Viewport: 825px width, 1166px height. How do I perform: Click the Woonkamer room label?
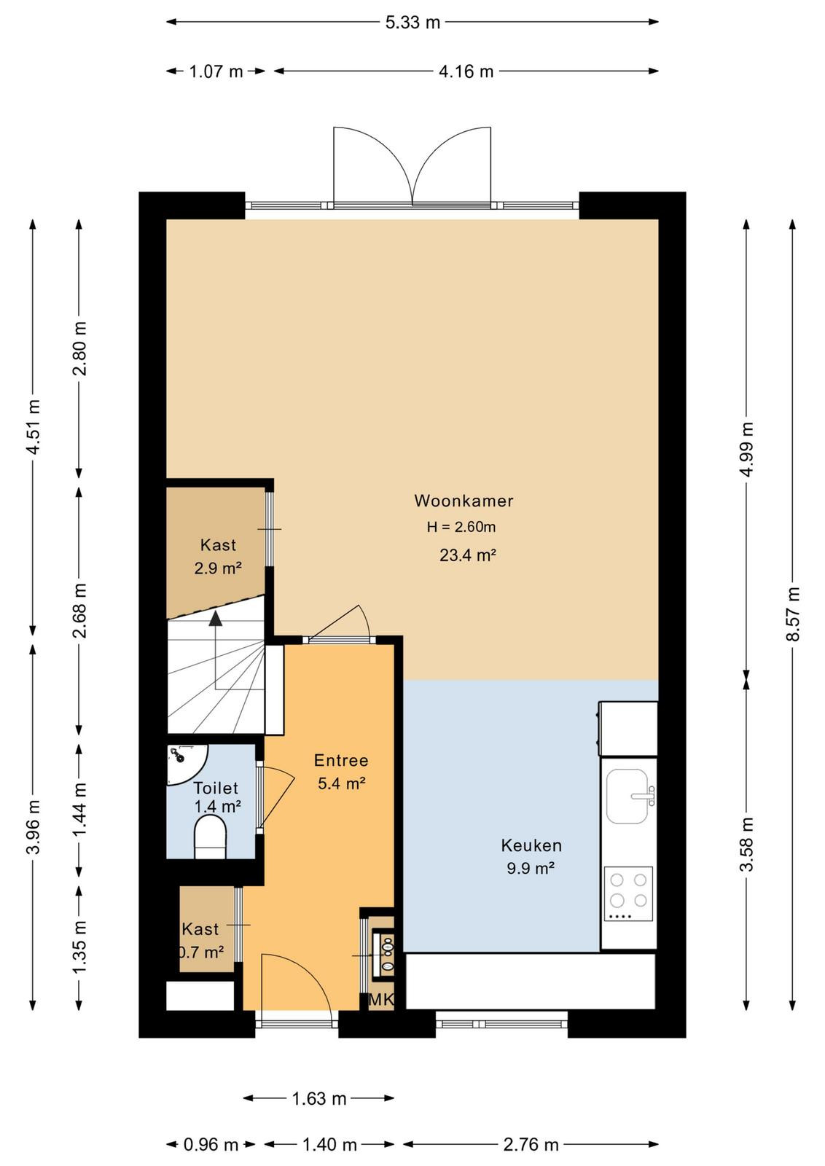click(x=464, y=501)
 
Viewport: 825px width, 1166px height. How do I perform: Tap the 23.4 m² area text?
click(x=467, y=555)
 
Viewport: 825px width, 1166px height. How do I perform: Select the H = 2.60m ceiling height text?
click(x=461, y=528)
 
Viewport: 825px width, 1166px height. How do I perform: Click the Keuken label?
click(x=531, y=845)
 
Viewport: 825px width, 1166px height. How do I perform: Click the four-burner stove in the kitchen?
click(x=628, y=893)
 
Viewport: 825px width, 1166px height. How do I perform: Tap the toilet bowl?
click(x=210, y=837)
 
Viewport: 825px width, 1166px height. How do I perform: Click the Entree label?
click(x=341, y=761)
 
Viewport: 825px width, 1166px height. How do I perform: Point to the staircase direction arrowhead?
click(x=216, y=618)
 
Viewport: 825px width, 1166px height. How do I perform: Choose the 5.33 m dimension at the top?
click(x=412, y=23)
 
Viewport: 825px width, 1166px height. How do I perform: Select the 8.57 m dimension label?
click(x=793, y=614)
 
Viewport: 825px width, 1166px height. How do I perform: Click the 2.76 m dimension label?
click(x=531, y=1145)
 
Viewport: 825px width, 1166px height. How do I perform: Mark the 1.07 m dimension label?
click(x=216, y=71)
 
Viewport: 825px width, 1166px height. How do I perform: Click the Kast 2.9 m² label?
click(x=218, y=557)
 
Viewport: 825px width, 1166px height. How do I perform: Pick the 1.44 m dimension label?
click(x=79, y=810)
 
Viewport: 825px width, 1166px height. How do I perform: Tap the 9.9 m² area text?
click(x=531, y=868)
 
